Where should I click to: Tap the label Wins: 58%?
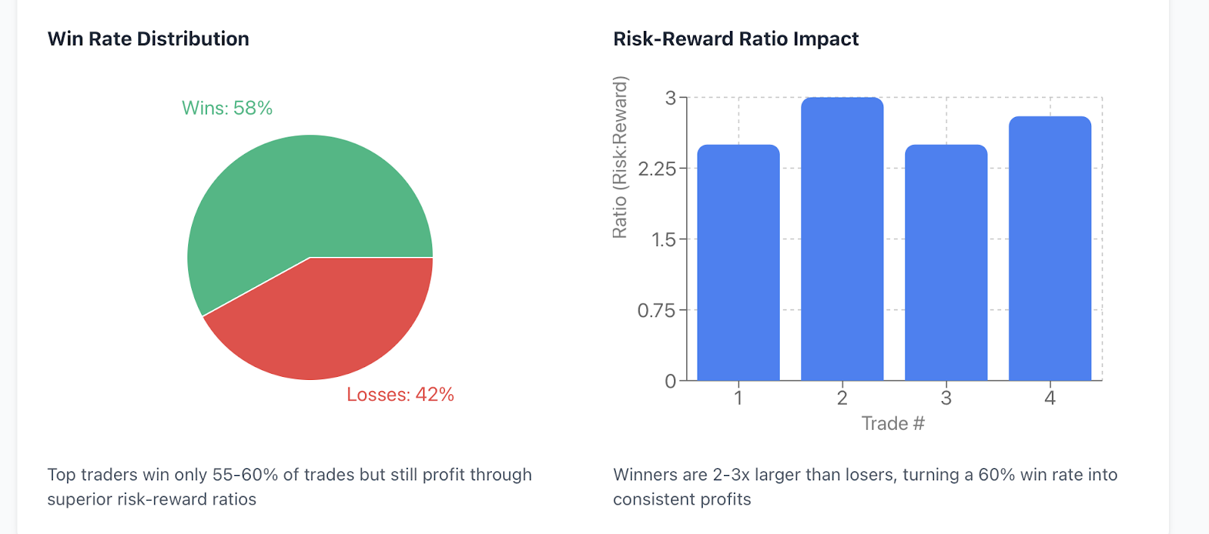point(227,108)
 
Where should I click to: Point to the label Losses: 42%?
point(400,394)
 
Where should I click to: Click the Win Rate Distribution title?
point(148,39)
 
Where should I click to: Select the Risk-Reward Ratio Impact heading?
point(736,39)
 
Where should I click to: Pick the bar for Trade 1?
point(738,263)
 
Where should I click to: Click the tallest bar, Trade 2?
point(842,239)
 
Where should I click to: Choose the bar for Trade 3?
point(946,263)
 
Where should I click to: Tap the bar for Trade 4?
point(1050,248)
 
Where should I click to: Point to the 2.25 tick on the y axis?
point(657,169)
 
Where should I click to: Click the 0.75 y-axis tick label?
point(657,310)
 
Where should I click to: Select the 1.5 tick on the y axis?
point(664,239)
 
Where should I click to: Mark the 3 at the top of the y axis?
point(670,97)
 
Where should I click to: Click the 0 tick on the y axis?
point(670,381)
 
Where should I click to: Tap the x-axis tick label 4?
point(1050,398)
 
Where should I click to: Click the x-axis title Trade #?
point(893,424)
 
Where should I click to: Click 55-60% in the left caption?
point(245,474)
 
